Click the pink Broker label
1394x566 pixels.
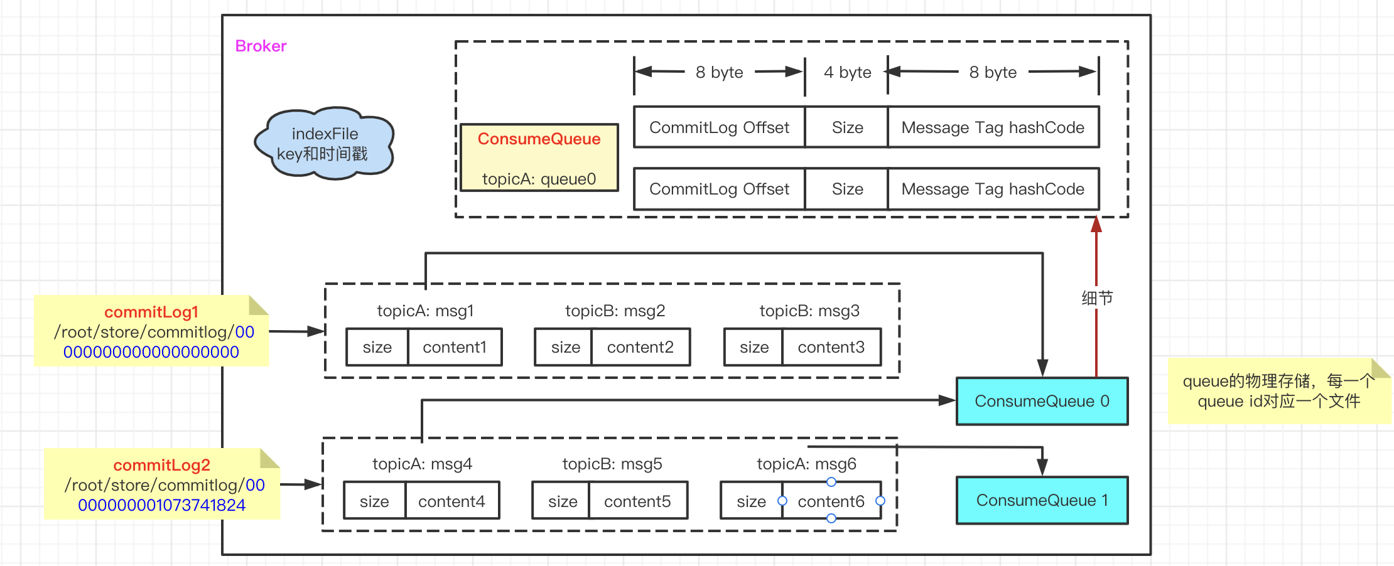pyautogui.click(x=261, y=46)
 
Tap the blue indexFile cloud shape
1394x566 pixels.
pyautogui.click(x=324, y=144)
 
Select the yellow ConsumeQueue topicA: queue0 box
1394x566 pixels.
pyautogui.click(x=539, y=158)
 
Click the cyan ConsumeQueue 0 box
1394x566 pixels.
pyautogui.click(x=1042, y=401)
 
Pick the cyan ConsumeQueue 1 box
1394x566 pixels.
pyautogui.click(x=1042, y=500)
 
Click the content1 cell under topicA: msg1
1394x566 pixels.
pyautogui.click(x=455, y=347)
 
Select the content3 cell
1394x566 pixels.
pyautogui.click(x=831, y=347)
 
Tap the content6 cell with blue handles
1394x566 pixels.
pyautogui.click(x=831, y=501)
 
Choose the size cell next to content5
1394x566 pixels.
pyautogui.click(x=562, y=501)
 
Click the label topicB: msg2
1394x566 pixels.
pyautogui.click(x=615, y=311)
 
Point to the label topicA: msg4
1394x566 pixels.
pyautogui.click(x=422, y=464)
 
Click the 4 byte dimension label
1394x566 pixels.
pyautogui.click(x=847, y=72)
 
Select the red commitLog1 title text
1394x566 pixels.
pyautogui.click(x=151, y=312)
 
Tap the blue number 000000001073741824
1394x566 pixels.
pyautogui.click(x=161, y=505)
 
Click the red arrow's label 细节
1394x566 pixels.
pyautogui.click(x=1097, y=298)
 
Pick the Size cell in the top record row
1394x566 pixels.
pyautogui.click(x=847, y=127)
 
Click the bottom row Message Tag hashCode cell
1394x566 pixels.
pyautogui.click(x=993, y=189)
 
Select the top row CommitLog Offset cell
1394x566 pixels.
pyautogui.click(x=719, y=127)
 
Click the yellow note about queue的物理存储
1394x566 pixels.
pyautogui.click(x=1278, y=392)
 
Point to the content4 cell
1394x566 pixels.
pyautogui.click(x=451, y=501)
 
